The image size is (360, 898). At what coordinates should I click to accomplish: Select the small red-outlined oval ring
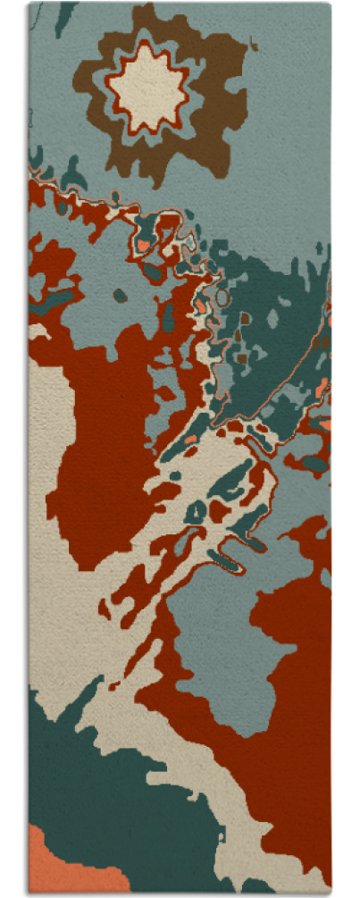[x=223, y=562]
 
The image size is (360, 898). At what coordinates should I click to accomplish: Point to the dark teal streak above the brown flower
[x=64, y=18]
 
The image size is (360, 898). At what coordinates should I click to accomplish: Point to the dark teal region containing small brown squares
[x=268, y=331]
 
